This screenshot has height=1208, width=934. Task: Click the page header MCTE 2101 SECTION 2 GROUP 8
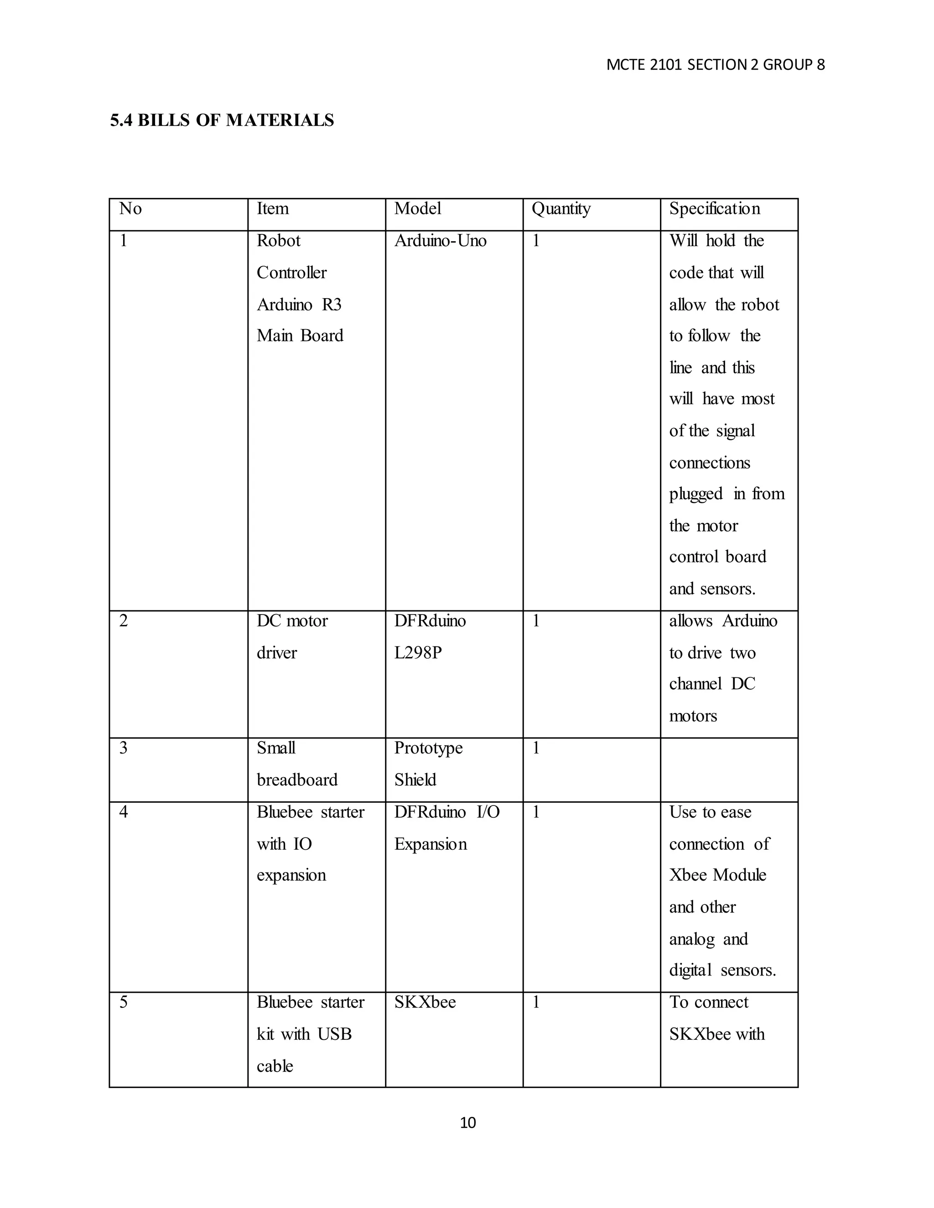coord(715,65)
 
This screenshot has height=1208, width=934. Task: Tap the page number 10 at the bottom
coord(467,1122)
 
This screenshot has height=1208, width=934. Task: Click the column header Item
coord(272,209)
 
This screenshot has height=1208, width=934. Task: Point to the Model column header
coord(417,209)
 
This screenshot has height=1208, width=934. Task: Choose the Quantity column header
coord(560,209)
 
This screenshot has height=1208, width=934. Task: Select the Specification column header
coord(714,209)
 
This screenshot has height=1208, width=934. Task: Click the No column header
coord(130,209)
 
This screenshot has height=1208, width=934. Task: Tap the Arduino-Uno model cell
coord(440,241)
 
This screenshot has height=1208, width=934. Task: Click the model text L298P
coord(418,653)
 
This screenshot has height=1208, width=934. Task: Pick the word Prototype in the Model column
coord(428,749)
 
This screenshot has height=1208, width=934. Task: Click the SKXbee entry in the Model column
coord(425,1002)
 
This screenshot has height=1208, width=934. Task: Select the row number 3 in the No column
coord(124,749)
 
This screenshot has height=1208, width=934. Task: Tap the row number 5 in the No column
coord(124,1002)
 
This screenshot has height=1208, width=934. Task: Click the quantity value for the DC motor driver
coord(535,621)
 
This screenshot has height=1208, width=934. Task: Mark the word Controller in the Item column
coord(291,273)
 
